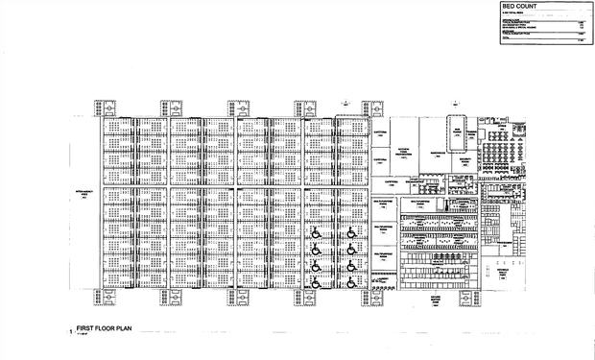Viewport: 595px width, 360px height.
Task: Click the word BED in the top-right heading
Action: [509, 8]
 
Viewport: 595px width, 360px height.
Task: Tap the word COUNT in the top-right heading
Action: [527, 8]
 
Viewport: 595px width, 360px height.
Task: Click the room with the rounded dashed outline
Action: [458, 128]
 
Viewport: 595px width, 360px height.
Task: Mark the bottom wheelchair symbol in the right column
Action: [350, 281]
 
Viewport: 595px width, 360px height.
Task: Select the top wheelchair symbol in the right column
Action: [350, 230]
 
